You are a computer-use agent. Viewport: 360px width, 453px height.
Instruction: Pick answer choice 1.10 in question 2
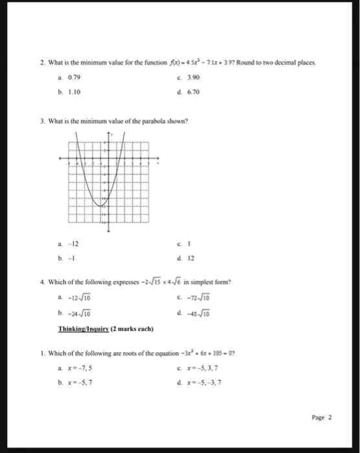point(72,92)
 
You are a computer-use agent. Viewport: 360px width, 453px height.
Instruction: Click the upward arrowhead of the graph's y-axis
point(108,133)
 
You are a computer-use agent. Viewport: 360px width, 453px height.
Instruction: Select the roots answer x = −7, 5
point(80,366)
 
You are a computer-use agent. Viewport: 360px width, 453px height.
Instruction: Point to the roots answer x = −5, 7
point(80,381)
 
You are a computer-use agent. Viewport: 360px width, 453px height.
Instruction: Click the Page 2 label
point(321,417)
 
